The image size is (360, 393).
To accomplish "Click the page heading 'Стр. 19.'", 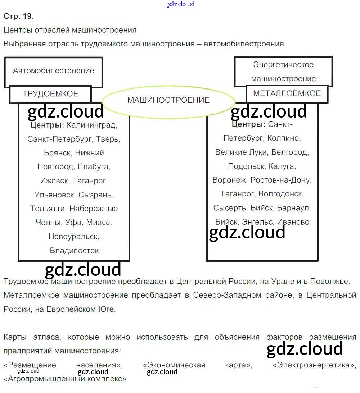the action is coord(19,16).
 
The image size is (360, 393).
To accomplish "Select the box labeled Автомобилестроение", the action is coord(53,72).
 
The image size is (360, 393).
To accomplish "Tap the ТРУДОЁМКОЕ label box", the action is coord(50,94).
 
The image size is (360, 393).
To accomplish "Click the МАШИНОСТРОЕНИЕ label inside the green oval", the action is coord(168,100).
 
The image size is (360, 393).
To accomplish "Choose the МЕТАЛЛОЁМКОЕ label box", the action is coord(287,94).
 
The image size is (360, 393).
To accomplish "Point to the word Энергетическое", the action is coord(283,65).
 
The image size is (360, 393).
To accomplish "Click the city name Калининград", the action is coord(92,125).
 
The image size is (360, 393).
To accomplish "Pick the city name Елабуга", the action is coord(94,167).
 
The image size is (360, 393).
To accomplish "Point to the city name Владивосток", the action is coord(74,250).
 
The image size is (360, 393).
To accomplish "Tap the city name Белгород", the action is coord(290,152).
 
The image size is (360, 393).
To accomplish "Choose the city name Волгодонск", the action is coord(281,194).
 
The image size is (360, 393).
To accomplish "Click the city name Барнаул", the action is coord(294,208).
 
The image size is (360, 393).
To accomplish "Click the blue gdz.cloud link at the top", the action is coord(180,4).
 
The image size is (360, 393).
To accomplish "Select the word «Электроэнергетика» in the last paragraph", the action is coord(314,365).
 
